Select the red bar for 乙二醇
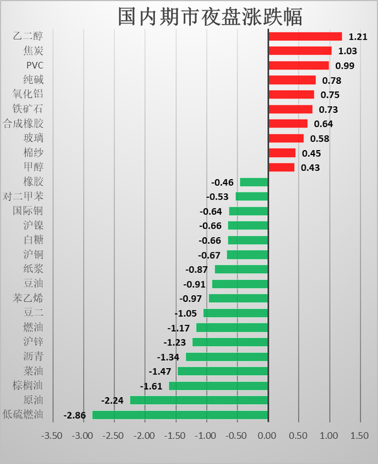(305, 37)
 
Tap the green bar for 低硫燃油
(180, 415)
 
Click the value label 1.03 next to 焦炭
(348, 51)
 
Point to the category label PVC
(35, 66)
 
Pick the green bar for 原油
(199, 400)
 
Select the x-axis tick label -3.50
(53, 436)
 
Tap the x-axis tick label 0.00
(268, 436)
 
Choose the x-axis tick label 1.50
(360, 436)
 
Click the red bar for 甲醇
(282, 167)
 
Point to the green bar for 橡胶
(254, 182)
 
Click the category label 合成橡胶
(23, 124)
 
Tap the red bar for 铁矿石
(290, 109)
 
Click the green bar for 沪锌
(230, 342)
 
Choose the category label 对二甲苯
(23, 196)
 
